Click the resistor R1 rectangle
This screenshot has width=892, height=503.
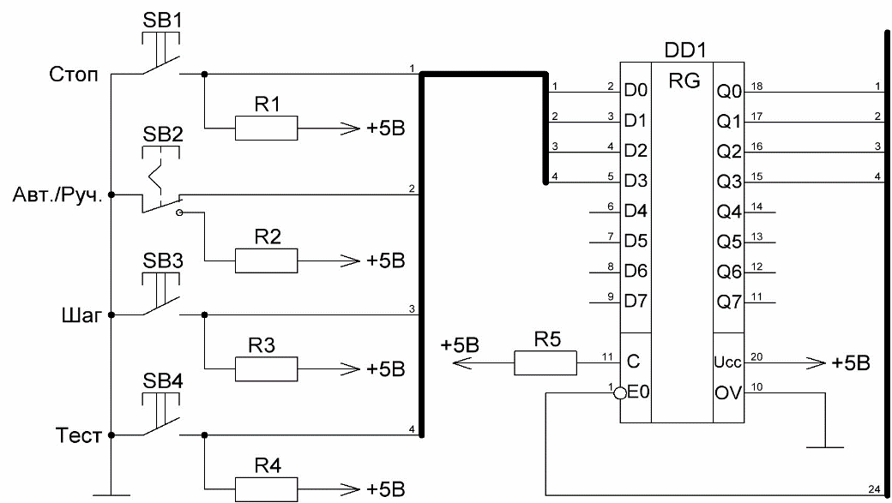coord(266,128)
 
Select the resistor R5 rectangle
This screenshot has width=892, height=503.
coord(545,362)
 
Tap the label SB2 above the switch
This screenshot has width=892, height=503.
coord(163,135)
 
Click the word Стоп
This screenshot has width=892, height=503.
coord(74,75)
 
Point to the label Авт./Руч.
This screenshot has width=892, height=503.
coord(57,195)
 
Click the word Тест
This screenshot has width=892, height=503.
coord(79,435)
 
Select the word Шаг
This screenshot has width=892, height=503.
coord(81,314)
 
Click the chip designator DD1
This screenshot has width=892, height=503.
coord(685,50)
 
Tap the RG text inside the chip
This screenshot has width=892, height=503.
coord(684,81)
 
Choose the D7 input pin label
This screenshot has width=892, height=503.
coord(636,301)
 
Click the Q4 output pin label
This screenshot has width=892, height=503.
coord(729,212)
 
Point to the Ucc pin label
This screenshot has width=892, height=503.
coord(727,362)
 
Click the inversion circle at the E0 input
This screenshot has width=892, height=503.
coord(620,392)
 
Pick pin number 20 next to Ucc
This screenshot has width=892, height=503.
coord(756,357)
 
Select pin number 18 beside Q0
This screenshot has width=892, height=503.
coord(756,87)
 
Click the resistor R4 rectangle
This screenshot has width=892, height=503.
coord(266,489)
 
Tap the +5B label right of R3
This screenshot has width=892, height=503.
coord(386,368)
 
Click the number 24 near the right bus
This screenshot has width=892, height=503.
coord(874,488)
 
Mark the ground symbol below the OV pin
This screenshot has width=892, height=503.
coord(825,447)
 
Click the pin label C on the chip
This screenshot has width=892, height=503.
coord(633,362)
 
